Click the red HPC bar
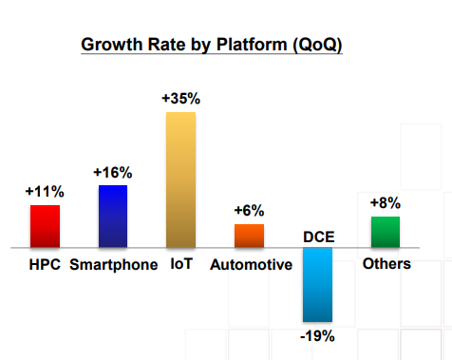pos(45,226)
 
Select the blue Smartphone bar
pos(113,217)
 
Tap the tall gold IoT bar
pos(181,180)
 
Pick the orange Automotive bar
pos(249,236)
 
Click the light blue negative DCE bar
pos(317,285)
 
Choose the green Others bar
pos(386,232)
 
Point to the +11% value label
pos(45,192)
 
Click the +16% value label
pos(113,173)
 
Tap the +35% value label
pos(181,99)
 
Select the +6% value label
pos(249,211)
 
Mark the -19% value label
pos(317,336)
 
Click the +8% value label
pos(386,203)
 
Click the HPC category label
pos(45,264)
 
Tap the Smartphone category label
pos(114,265)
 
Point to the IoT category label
pos(181,264)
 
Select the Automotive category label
pos(251,265)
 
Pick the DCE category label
pos(319,237)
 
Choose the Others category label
pos(386,264)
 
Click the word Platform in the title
pos(252,45)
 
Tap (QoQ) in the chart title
pos(317,45)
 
